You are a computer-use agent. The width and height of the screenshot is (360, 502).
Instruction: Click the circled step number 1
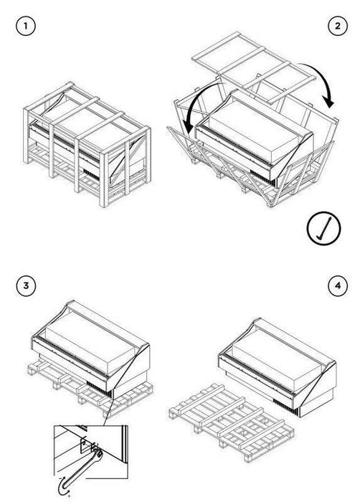tap(27, 27)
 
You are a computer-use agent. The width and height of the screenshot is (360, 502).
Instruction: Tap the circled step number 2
tap(334, 27)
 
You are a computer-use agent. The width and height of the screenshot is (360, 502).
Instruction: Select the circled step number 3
tap(27, 286)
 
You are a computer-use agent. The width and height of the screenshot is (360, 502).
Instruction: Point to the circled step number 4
tap(334, 286)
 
